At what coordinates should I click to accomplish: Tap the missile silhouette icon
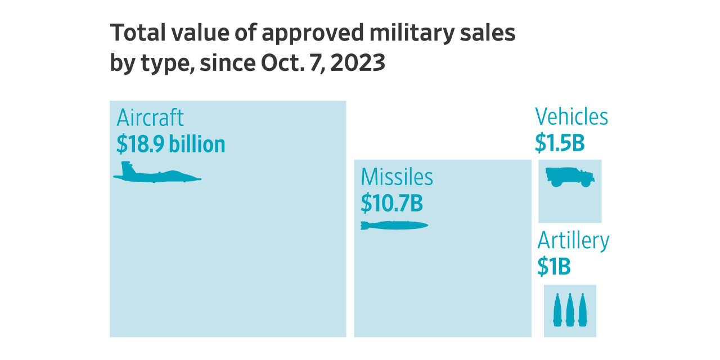394,226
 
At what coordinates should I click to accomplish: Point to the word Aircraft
150,118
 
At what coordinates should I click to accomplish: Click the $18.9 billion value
170,145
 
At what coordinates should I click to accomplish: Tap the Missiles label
397,177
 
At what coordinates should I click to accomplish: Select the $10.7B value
391,203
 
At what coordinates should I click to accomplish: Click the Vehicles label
571,117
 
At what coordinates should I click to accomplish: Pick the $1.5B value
560,143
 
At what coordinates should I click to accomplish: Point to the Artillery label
573,241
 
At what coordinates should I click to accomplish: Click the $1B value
553,267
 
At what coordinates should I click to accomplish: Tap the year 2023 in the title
358,63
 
